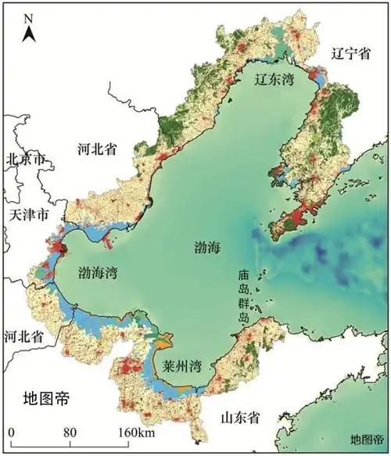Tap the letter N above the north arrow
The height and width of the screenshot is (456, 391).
29,16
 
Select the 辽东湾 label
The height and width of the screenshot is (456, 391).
275,80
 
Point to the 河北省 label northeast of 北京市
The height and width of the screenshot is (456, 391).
98,149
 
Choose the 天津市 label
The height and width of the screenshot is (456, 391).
29,214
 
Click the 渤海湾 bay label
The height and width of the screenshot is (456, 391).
99,272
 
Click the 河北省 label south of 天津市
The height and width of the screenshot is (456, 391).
23,336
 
